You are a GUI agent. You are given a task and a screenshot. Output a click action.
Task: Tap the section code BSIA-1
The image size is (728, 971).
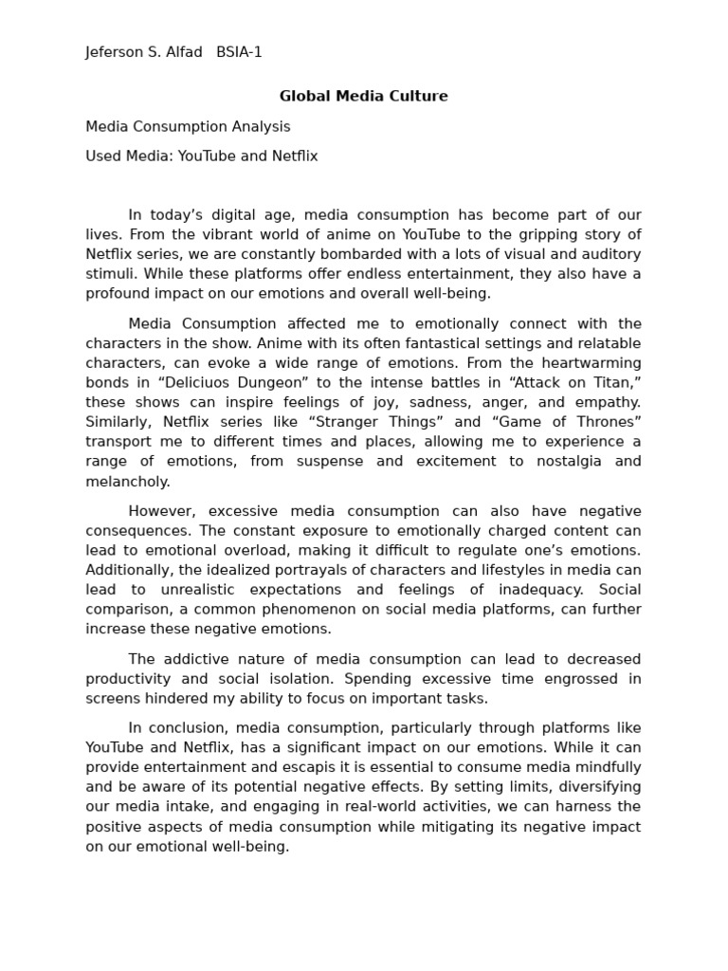[239, 53]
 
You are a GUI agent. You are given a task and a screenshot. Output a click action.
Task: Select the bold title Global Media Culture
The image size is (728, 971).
[363, 97]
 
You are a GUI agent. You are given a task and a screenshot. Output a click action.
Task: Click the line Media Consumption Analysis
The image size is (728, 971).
[188, 127]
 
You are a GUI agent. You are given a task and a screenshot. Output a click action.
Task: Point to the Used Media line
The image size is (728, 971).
[201, 156]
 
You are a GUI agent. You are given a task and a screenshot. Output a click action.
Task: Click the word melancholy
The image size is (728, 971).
[126, 482]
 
